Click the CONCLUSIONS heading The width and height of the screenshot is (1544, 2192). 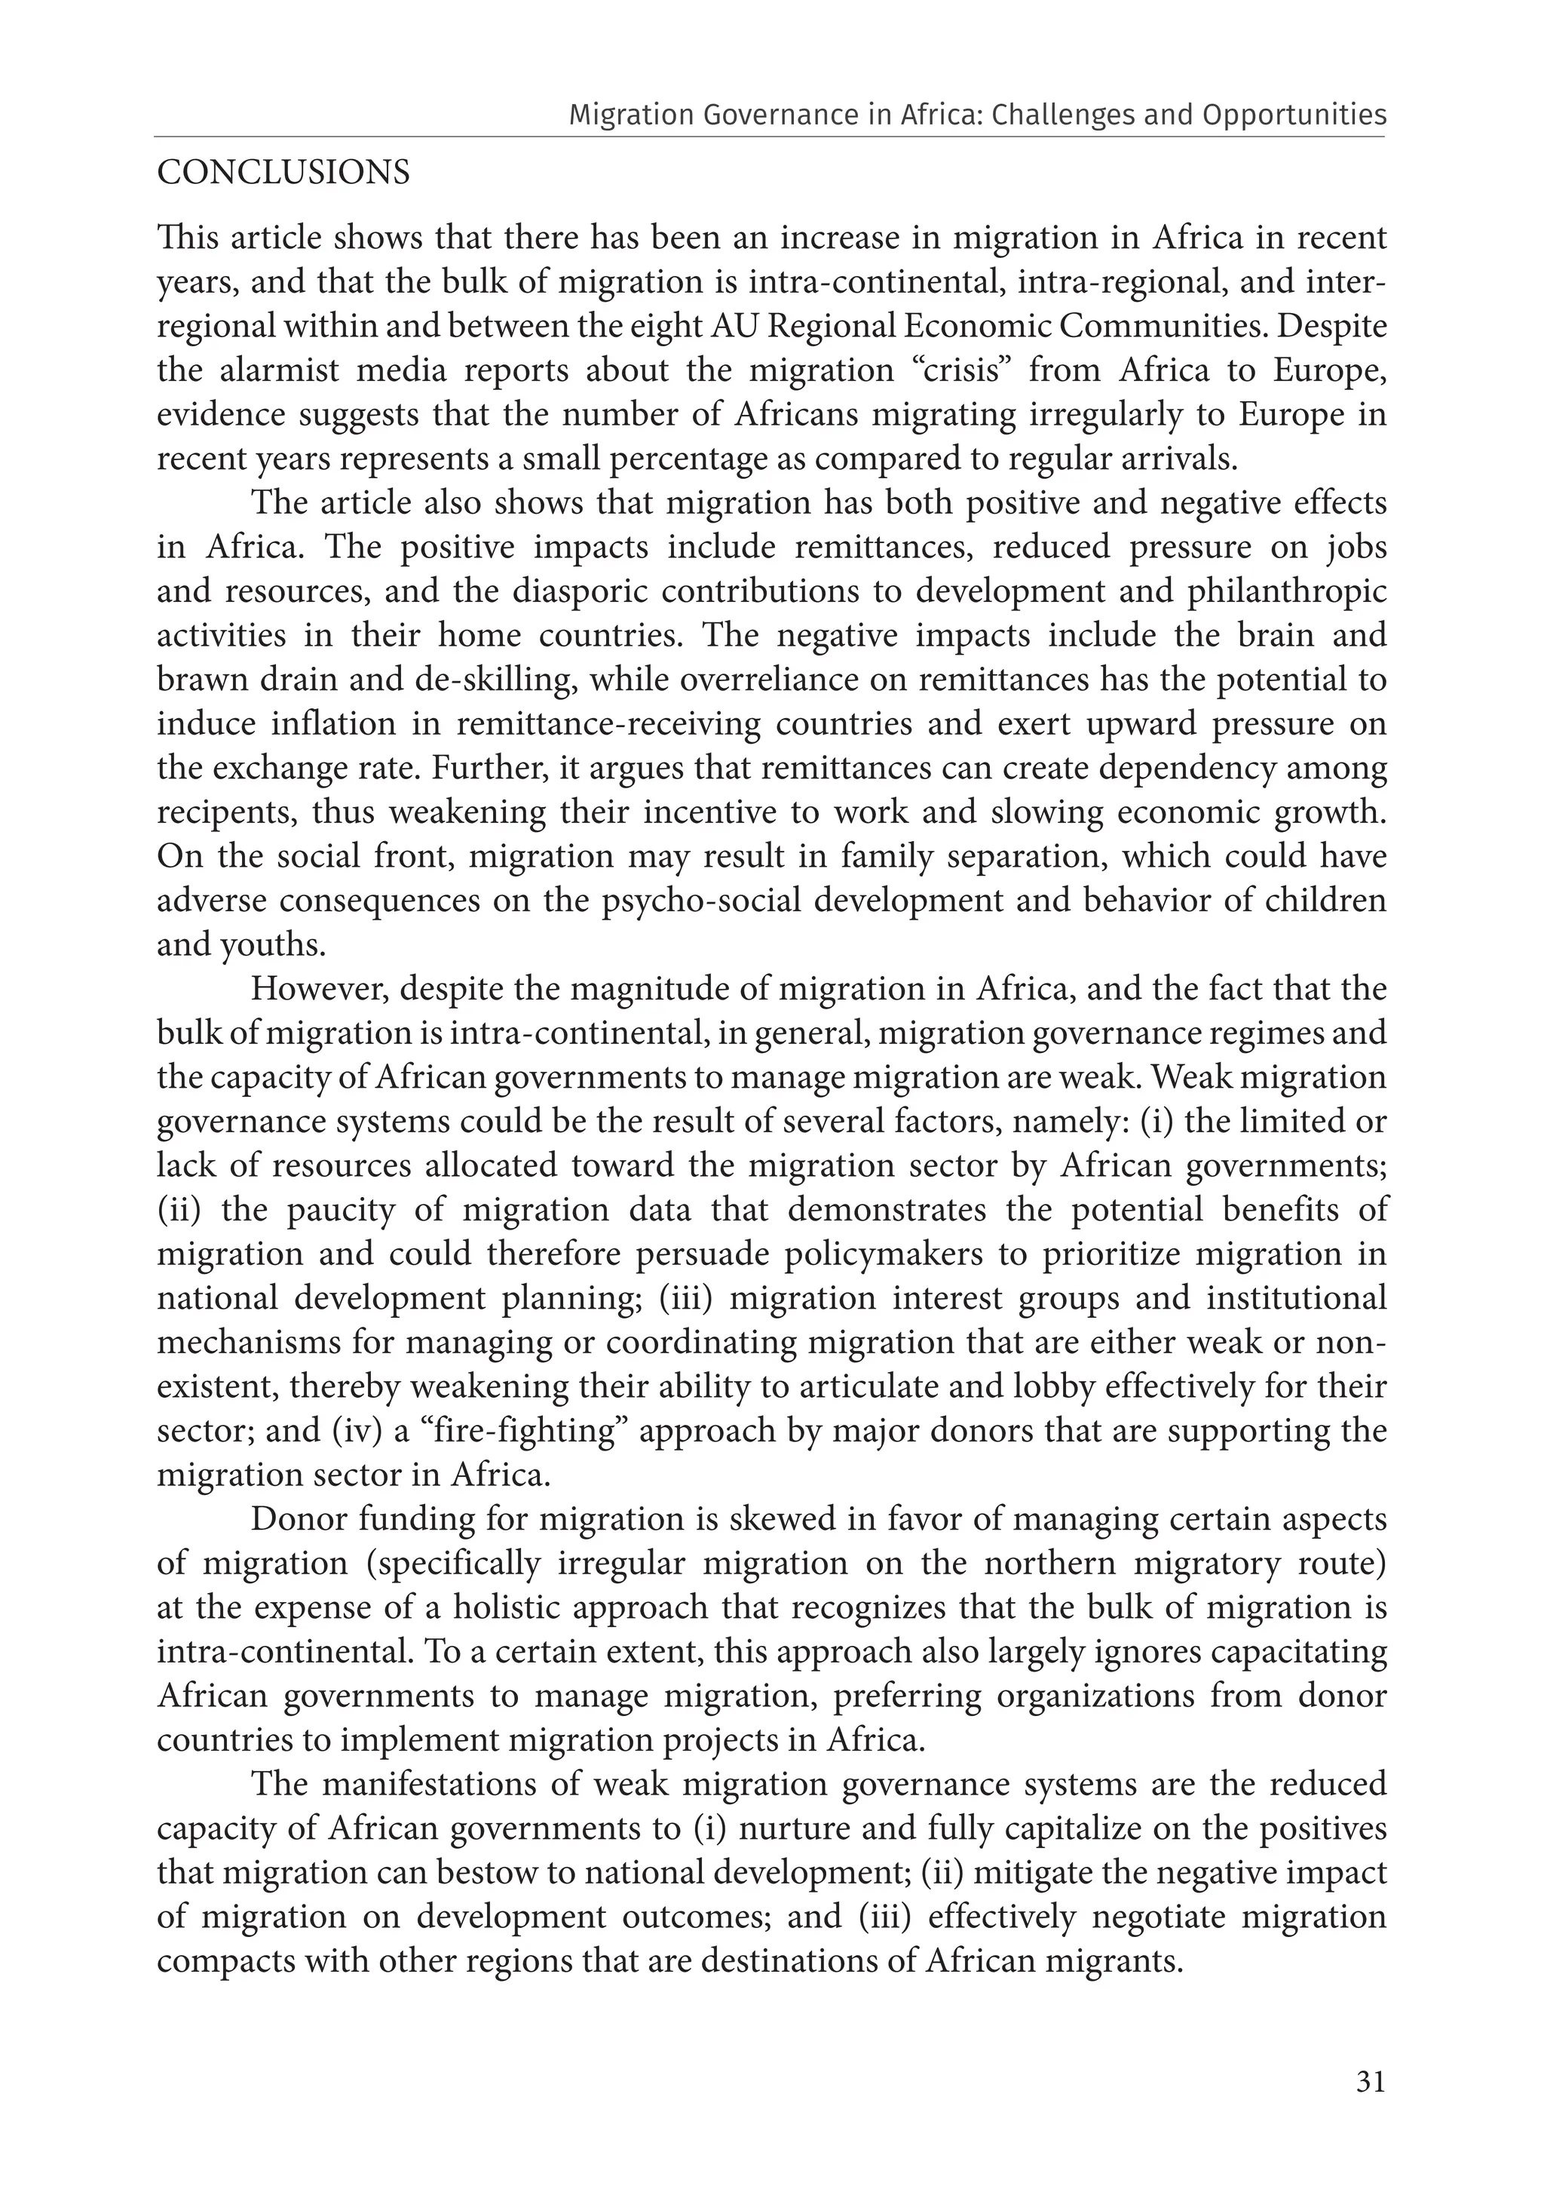tap(283, 173)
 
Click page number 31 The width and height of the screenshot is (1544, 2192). tap(1369, 2081)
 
